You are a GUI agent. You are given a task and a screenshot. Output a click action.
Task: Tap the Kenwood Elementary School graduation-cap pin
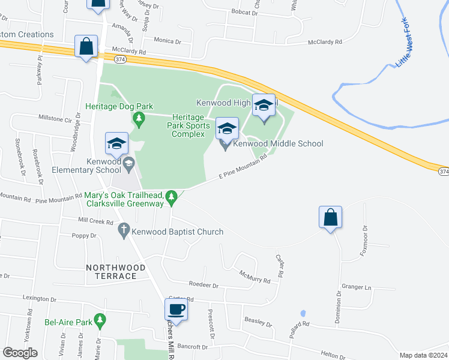tap(116, 144)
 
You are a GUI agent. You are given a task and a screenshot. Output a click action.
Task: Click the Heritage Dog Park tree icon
tap(139, 118)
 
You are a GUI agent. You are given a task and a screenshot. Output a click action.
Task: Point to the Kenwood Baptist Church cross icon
tap(124, 228)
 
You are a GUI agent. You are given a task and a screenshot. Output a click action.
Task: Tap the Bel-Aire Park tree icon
tap(100, 322)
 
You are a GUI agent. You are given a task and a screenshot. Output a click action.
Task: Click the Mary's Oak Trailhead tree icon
tap(172, 196)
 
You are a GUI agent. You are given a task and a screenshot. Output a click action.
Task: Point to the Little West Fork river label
tap(408, 43)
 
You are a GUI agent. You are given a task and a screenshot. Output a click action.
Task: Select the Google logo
tap(20, 353)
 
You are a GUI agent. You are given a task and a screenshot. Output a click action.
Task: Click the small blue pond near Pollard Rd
tap(303, 313)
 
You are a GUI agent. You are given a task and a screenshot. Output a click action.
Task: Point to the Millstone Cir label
tap(55, 118)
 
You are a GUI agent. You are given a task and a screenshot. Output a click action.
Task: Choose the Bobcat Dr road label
tap(244, 11)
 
